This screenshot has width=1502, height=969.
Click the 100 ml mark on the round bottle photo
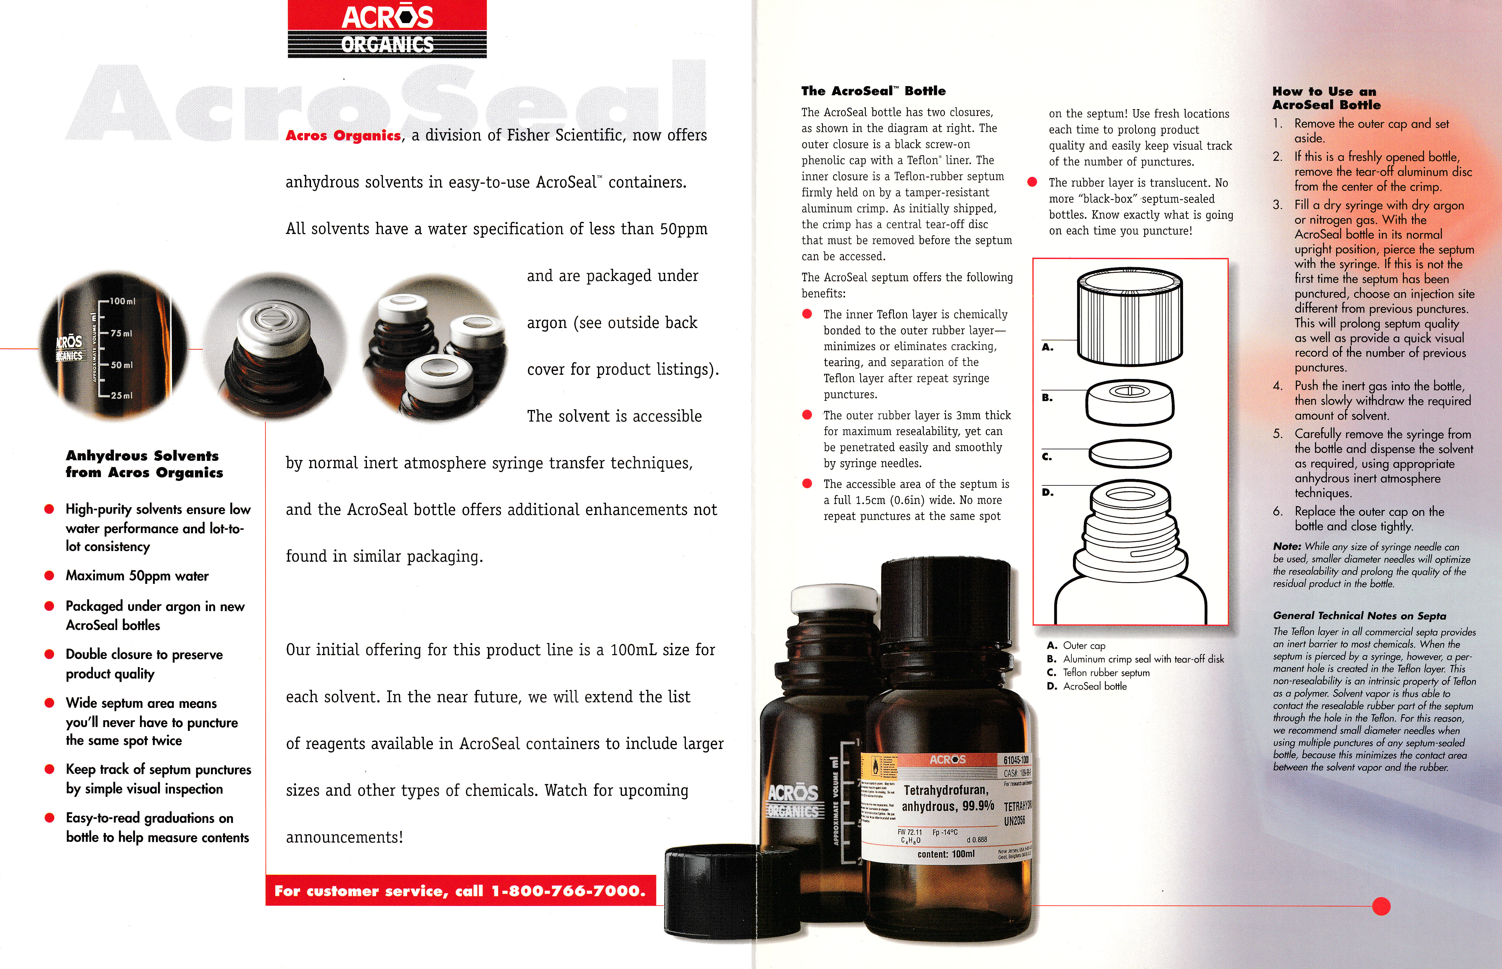(122, 301)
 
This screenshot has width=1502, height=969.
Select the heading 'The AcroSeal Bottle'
(873, 91)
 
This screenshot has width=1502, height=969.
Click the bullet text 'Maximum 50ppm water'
(137, 576)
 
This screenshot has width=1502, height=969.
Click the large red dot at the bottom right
(1380, 906)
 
